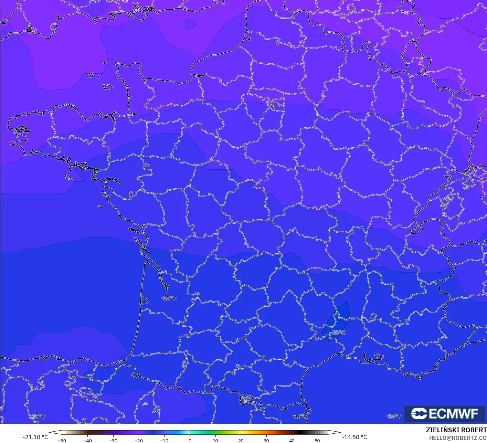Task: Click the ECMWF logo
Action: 444,413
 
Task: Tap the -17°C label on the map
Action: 38,416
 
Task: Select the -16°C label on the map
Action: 299,416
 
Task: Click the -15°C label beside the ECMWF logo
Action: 393,416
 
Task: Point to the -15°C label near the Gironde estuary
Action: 169,298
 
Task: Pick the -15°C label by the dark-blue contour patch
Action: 337,333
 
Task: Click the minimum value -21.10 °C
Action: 35,437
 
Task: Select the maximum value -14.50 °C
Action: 354,437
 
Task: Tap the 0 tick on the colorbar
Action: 190,441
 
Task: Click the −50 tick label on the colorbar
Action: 62,441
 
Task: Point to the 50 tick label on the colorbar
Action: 317,441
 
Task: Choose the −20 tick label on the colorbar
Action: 138,441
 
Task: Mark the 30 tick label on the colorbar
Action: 266,441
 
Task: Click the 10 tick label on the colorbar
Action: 215,441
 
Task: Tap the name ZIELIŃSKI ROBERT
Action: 456,430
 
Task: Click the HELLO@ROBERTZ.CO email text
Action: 458,438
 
